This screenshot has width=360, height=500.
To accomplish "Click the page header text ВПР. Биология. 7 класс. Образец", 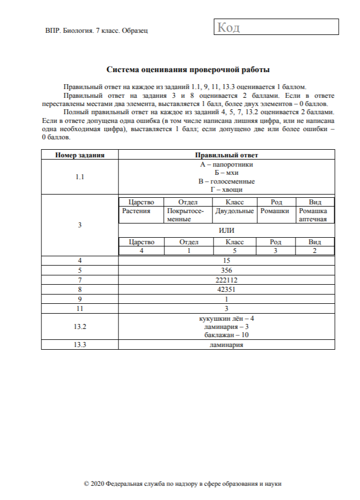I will point(97,30).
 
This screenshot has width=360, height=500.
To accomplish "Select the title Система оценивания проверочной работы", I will point(188,70).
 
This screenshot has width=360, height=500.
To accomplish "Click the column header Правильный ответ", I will point(226,155).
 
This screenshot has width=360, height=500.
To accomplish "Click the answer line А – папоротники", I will point(226,164).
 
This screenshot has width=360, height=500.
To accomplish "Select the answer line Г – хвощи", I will point(226,190).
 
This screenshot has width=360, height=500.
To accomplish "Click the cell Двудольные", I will point(234,210).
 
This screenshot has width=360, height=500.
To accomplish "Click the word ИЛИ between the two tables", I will point(226,230).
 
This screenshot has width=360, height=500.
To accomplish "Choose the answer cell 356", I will point(226,270).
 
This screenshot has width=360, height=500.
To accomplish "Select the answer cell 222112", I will point(226,280).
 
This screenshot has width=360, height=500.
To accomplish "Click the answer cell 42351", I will point(226,290).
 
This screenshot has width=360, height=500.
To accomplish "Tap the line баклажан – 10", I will point(226,334).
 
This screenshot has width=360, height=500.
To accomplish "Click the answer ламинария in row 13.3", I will point(226,345).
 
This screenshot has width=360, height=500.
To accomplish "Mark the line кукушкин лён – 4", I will point(226,318).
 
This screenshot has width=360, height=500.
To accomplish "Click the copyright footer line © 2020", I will point(182,484).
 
